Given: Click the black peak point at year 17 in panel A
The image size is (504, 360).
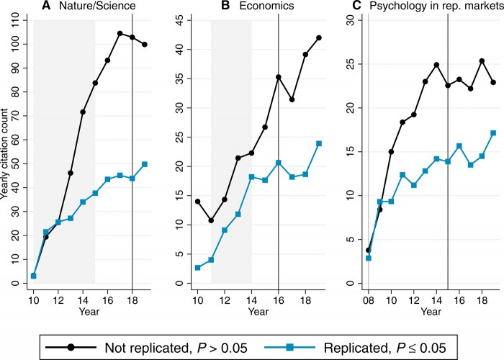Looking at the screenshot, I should pyautogui.click(x=120, y=33).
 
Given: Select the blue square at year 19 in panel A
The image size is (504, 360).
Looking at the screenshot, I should pyautogui.click(x=145, y=164).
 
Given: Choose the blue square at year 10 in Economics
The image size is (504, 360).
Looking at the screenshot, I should pyautogui.click(x=197, y=268).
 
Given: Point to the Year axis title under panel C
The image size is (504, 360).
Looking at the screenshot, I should pyautogui.click(x=431, y=311).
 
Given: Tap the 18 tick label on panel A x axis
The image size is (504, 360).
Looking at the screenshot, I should pyautogui.click(x=132, y=297).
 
